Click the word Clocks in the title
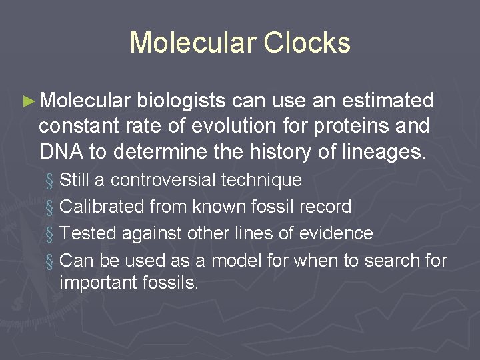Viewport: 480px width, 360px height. pos(307,42)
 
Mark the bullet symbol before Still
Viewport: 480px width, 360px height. pos(49,181)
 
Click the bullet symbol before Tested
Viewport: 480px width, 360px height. pos(49,234)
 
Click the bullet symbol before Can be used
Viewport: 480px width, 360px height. pos(49,261)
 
